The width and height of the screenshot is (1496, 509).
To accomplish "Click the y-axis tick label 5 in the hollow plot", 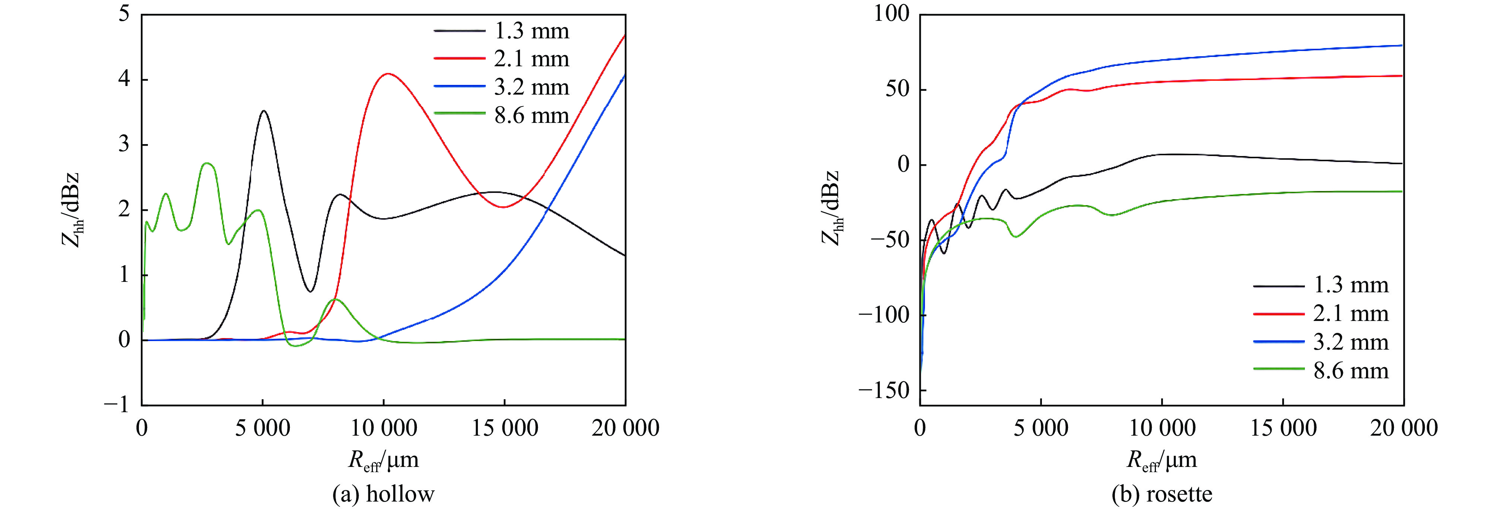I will pos(124,13).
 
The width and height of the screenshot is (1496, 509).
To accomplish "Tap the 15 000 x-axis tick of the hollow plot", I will pos(505,428).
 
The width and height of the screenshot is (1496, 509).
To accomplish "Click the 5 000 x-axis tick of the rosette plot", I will pos(1041,428).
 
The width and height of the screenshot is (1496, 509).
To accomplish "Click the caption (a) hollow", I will pos(383,494).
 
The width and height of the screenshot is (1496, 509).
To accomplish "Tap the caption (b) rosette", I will pos(1161,494).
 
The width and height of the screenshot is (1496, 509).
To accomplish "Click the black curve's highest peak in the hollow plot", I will pos(264,111).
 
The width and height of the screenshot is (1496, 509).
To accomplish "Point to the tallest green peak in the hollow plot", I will pos(207,164).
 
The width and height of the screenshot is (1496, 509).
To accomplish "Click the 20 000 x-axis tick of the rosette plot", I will pos(1403,428).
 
